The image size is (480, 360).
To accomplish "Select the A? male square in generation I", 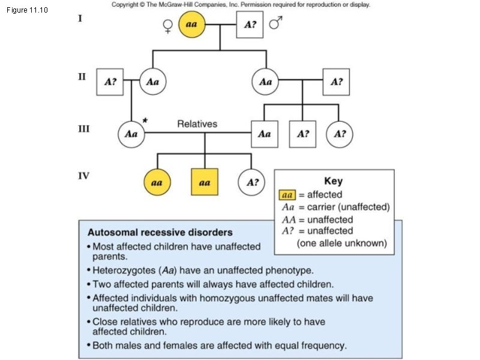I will [x=250, y=25].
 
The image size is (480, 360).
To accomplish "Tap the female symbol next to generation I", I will [x=167, y=26].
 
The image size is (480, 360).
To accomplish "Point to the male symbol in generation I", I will [x=275, y=23].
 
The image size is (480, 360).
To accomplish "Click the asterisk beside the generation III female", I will [x=146, y=120].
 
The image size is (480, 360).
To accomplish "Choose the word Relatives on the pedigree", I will [x=197, y=124].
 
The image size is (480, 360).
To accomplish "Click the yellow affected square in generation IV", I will [x=204, y=182].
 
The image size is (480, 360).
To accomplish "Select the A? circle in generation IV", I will [x=251, y=182].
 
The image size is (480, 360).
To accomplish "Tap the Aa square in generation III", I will [x=264, y=134].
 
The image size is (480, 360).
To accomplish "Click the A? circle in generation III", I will [x=340, y=134].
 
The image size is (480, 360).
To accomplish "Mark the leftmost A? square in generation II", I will [x=110, y=82].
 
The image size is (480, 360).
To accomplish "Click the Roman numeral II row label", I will [x=82, y=77].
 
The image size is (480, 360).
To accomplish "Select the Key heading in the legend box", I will [x=333, y=181].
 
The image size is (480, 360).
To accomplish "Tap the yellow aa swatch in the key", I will [x=287, y=194].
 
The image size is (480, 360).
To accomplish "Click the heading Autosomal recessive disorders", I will [x=160, y=232].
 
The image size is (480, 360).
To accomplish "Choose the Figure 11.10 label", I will [x=28, y=10].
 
